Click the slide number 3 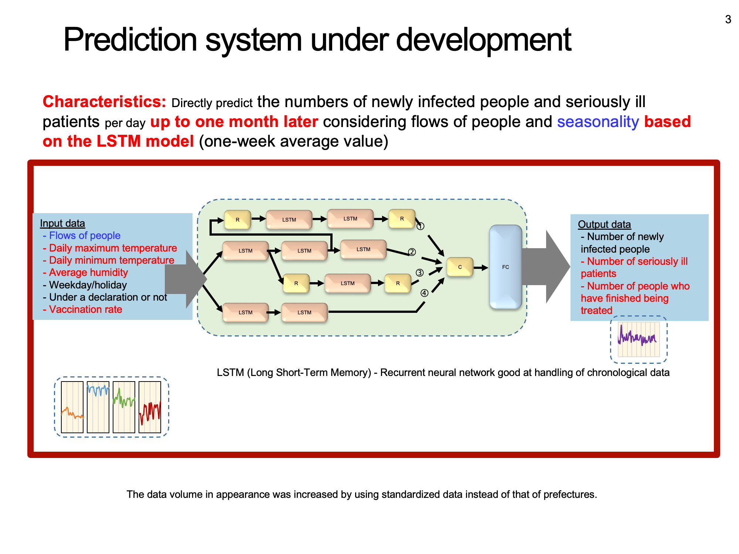pyautogui.click(x=728, y=19)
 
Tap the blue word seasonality pyautogui.click(x=598, y=122)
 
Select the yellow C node pyautogui.click(x=460, y=267)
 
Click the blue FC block pyautogui.click(x=505, y=267)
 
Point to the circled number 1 pyautogui.click(x=420, y=226)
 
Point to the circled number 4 pyautogui.click(x=425, y=293)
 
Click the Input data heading pyautogui.click(x=62, y=223)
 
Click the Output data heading pyautogui.click(x=604, y=224)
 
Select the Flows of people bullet pyautogui.click(x=82, y=236)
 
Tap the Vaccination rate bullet pyautogui.click(x=82, y=310)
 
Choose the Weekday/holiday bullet pyautogui.click(x=85, y=285)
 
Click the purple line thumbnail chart pyautogui.click(x=638, y=339)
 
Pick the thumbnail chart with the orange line pyautogui.click(x=72, y=407)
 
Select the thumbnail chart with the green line pyautogui.click(x=124, y=407)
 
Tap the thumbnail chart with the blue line pyautogui.click(x=98, y=407)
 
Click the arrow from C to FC pyautogui.click(x=481, y=267)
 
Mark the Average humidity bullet pyautogui.click(x=85, y=273)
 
